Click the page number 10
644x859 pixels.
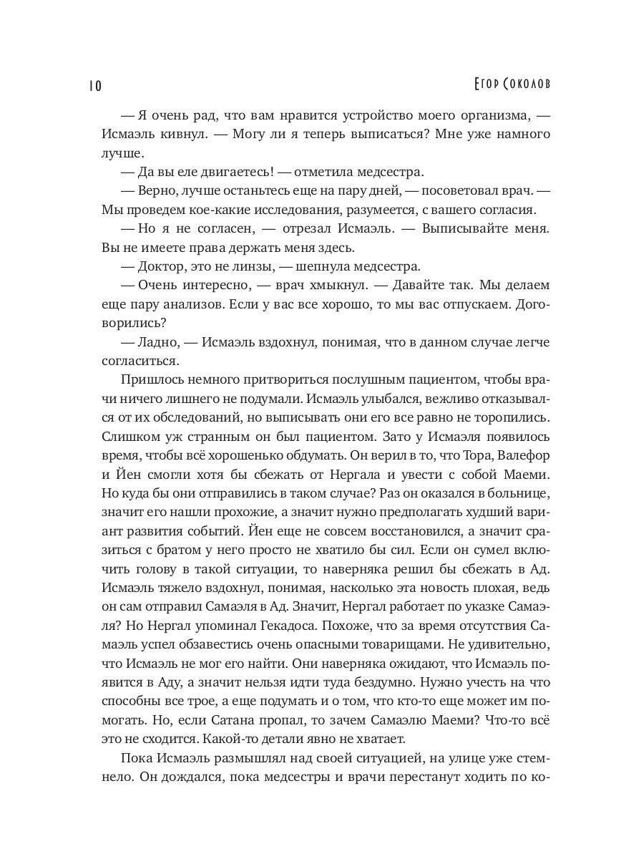pyautogui.click(x=95, y=87)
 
